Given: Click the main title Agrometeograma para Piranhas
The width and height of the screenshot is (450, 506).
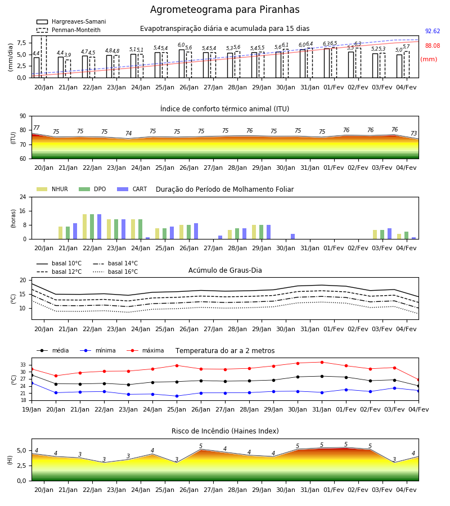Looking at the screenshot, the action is click(x=224, y=10).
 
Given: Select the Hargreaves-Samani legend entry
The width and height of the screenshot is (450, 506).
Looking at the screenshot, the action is click(x=71, y=21).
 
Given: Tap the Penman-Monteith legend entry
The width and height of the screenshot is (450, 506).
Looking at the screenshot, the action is click(x=69, y=30).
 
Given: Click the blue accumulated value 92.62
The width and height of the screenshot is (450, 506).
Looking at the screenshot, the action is click(x=433, y=31).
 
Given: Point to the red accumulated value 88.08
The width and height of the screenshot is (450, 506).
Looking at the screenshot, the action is click(x=433, y=46).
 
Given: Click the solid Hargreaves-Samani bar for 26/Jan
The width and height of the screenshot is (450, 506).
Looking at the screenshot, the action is click(x=182, y=64).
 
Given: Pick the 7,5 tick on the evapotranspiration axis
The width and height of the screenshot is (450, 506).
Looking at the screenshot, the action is click(x=21, y=43).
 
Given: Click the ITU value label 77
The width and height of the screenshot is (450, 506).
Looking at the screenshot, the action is click(x=36, y=128).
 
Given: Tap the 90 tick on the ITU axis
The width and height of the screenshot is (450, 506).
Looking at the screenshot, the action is click(x=23, y=116).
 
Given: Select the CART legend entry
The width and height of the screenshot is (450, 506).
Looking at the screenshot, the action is click(x=132, y=189).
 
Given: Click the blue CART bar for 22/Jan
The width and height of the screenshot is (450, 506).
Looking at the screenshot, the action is click(x=99, y=227).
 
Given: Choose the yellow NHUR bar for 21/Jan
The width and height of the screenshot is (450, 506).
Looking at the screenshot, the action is click(x=60, y=233).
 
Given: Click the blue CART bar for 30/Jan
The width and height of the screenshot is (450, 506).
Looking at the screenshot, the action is click(x=293, y=237).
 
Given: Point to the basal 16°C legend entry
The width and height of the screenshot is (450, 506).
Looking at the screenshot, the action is click(x=115, y=272).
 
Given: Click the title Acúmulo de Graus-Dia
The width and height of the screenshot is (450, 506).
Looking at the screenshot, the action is click(x=225, y=270).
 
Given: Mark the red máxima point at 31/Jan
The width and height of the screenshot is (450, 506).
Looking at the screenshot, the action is click(x=322, y=362).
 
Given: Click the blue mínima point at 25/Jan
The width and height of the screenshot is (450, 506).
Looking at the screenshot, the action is click(x=177, y=396).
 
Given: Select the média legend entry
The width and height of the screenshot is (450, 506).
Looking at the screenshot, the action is click(x=53, y=350).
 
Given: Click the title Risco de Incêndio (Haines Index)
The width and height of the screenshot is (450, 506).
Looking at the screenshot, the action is click(x=225, y=431).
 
